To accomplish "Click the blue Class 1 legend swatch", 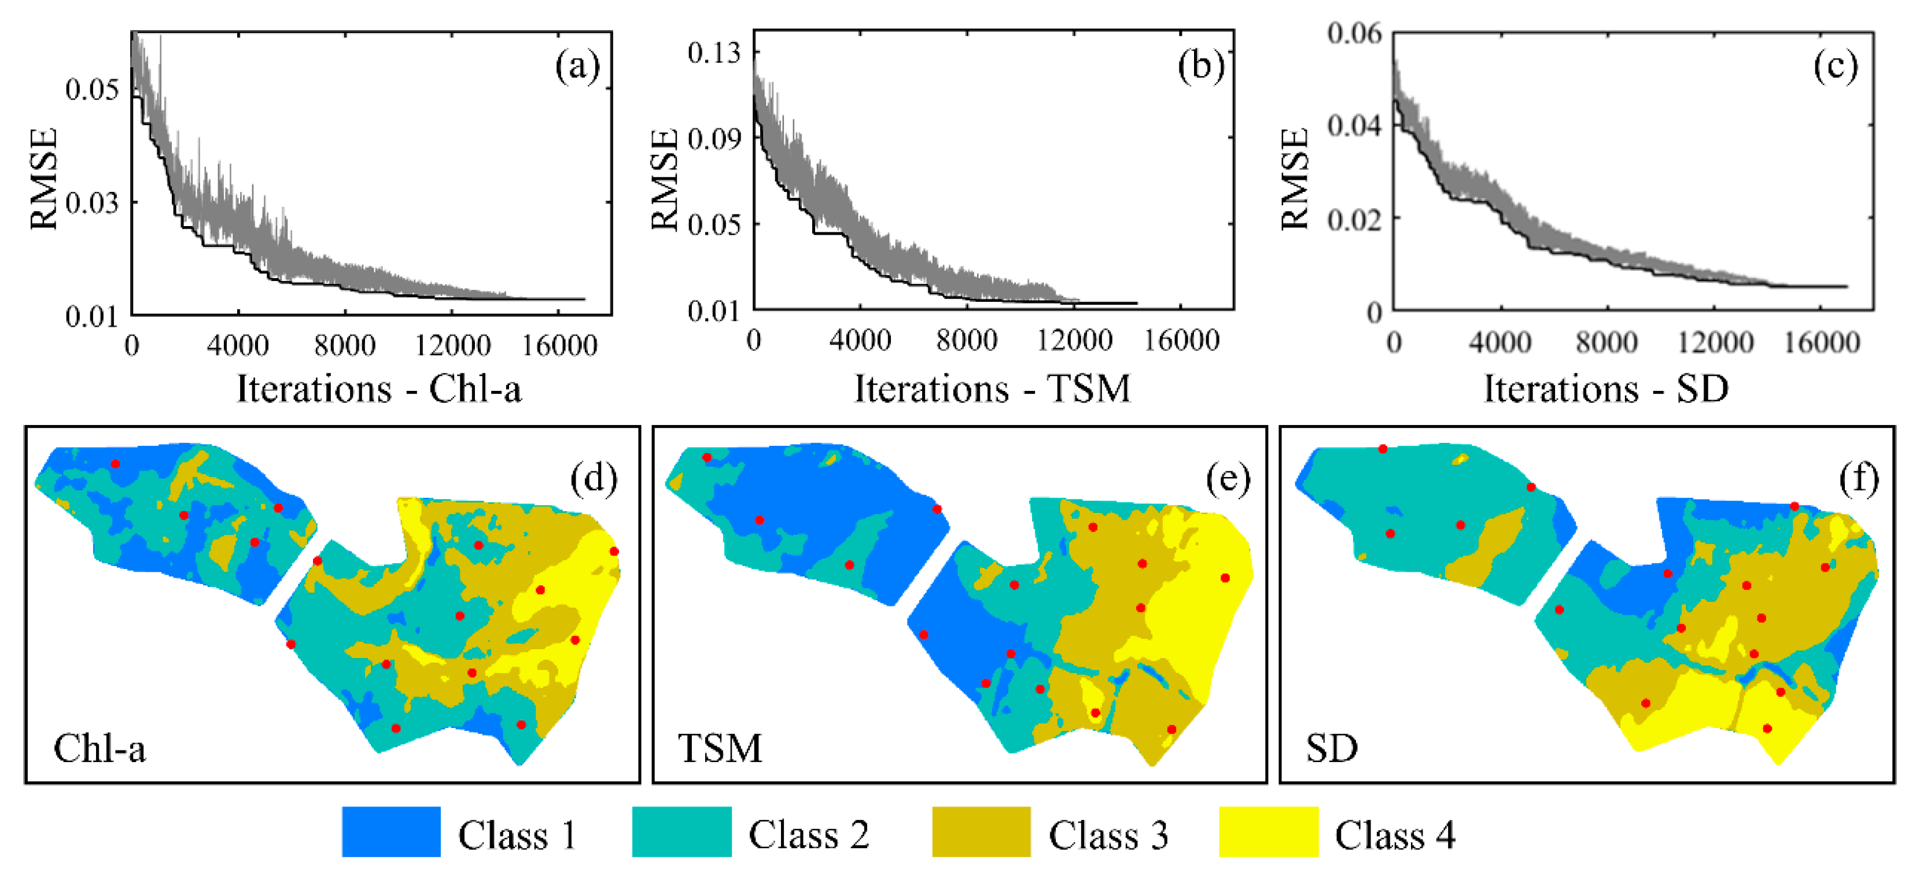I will coord(390,831).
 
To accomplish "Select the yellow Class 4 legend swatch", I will coord(1268,831).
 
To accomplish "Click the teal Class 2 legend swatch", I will coord(681,831).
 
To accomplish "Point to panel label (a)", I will coord(577,67).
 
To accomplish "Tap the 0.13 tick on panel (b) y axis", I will coord(714,53).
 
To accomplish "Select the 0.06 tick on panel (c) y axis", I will coord(1354,34).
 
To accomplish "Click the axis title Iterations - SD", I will coord(1606,388).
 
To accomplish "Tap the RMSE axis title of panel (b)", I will coord(664,179).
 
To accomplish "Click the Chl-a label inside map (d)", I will coord(100,748).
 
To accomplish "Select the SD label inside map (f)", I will coord(1331,748).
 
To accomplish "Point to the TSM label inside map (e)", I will coord(720,748).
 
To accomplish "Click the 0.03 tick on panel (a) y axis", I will coord(92,202).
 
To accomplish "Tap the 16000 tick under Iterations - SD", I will coord(1822,342).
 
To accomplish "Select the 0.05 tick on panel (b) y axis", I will coord(714,224).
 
